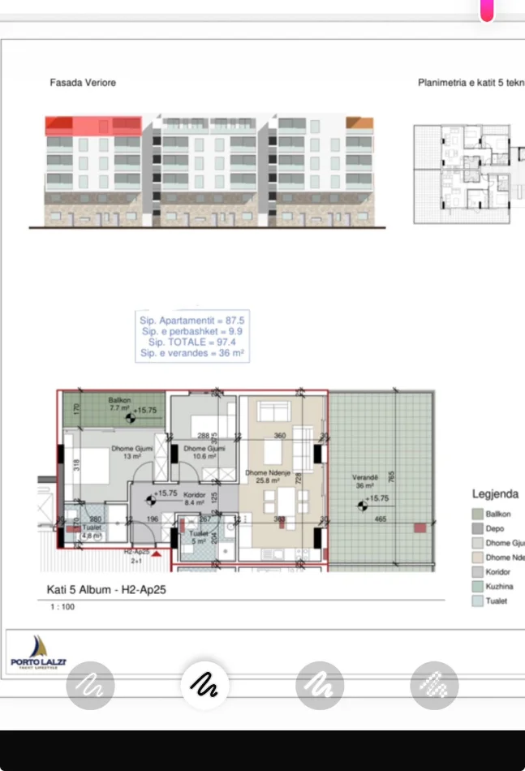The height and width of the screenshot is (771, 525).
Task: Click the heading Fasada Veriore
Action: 83,83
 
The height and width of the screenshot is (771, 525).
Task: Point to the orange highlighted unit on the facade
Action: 359,123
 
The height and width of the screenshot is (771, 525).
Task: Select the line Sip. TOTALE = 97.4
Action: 191,342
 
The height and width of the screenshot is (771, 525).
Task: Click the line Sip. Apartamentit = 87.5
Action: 191,321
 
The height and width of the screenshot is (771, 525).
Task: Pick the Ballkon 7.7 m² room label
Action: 119,404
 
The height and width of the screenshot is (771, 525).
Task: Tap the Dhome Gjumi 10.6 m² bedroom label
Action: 204,452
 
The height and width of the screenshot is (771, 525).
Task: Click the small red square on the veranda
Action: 419,528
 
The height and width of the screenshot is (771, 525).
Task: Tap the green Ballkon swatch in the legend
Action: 478,515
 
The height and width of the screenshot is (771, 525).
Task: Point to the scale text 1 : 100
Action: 62,607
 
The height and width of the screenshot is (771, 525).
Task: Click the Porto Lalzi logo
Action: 38,652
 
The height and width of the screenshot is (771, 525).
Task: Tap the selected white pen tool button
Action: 204,686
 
